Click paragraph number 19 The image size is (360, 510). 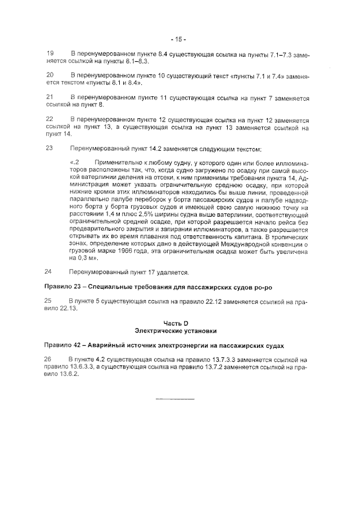(49, 53)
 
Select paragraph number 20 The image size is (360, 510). (49, 75)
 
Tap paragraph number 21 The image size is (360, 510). (49, 97)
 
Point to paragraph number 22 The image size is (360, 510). (49, 119)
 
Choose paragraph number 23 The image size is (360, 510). (49, 149)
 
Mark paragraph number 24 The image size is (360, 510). (49, 271)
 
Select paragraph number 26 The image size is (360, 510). (49, 359)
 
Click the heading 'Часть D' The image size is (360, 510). (179, 323)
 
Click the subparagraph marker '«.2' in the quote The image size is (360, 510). (75, 163)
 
